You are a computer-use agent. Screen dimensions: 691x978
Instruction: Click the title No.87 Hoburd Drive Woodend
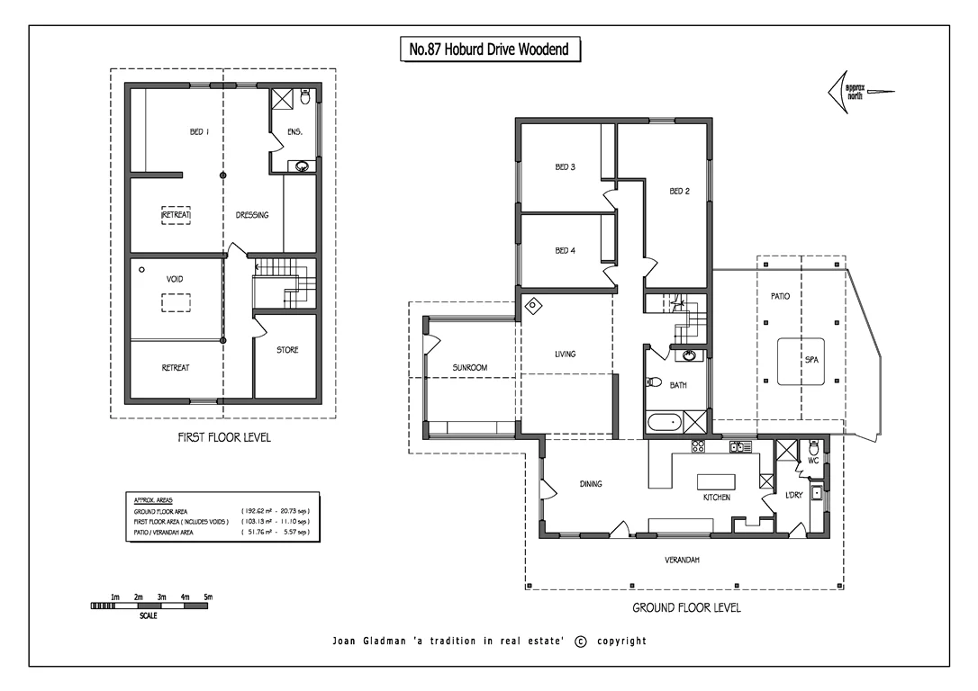(x=489, y=50)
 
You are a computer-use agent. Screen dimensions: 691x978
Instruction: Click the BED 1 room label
(x=199, y=131)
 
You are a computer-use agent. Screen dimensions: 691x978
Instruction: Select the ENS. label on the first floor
(x=294, y=132)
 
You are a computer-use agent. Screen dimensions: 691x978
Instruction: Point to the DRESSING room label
(x=252, y=215)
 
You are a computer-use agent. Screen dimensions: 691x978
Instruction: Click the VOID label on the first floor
(x=175, y=280)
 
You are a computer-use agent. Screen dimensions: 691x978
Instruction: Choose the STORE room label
(x=286, y=350)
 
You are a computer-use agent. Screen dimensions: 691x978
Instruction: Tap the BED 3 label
(x=565, y=167)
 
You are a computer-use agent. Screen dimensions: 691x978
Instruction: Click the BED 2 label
(x=679, y=191)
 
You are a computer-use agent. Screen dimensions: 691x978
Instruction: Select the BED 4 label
(x=565, y=251)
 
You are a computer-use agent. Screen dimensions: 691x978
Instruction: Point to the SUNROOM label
(x=469, y=368)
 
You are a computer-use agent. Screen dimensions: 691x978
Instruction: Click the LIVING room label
(x=565, y=354)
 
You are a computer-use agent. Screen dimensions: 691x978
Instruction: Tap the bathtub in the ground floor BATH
(x=665, y=422)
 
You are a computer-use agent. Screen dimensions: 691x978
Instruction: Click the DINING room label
(x=591, y=484)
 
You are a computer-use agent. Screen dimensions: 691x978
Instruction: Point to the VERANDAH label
(x=683, y=560)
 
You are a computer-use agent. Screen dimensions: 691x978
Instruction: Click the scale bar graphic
(x=149, y=606)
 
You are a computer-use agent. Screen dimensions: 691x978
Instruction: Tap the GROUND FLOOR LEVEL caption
(x=686, y=608)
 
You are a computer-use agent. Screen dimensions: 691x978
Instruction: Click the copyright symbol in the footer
(x=580, y=642)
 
